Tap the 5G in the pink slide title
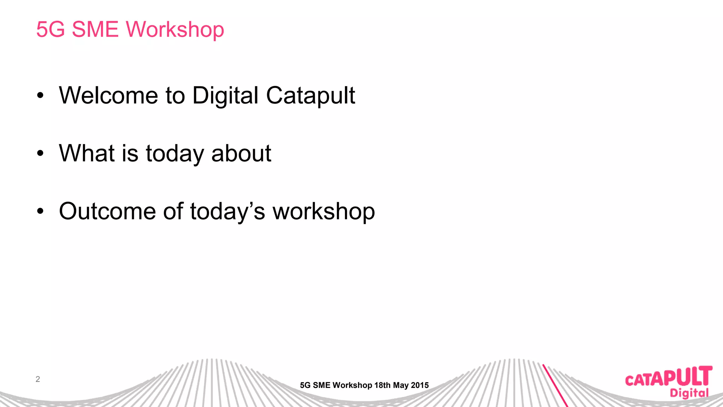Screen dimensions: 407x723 [x=50, y=29]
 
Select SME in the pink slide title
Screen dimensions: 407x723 [x=95, y=29]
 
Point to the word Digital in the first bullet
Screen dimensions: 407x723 [x=225, y=96]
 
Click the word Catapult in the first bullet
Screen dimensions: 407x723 [x=310, y=96]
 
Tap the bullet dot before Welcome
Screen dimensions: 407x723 [x=41, y=95]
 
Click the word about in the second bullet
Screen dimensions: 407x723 [x=241, y=153]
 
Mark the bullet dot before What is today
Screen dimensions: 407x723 [x=41, y=153]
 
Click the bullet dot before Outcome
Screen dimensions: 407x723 [x=41, y=211]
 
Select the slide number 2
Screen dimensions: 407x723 [x=38, y=379]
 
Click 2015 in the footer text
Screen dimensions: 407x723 [x=420, y=385]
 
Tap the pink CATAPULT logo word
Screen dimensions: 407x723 [x=668, y=377]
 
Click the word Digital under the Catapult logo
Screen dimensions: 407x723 [x=689, y=393]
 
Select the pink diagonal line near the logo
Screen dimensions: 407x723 [x=555, y=385]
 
